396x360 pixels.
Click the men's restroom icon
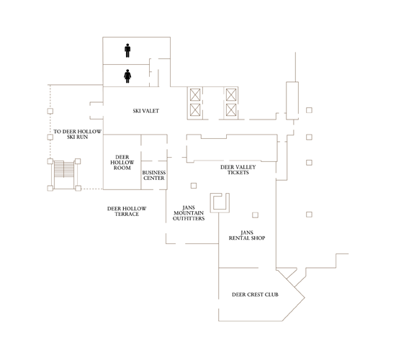coord(127,50)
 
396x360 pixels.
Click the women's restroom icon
coord(127,74)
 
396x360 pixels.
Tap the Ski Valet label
coord(145,111)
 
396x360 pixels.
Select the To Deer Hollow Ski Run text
coord(78,135)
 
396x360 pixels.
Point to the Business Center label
coord(154,175)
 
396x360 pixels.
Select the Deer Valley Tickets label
coord(238,170)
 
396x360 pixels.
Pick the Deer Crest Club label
coord(255,294)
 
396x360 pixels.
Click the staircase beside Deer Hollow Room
coord(65,174)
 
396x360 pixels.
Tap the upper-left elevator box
coord(195,94)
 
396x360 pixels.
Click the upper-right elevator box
coord(231,94)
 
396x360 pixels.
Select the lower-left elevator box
coord(195,110)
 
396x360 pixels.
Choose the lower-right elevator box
coord(231,110)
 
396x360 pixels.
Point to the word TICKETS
coord(238,173)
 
